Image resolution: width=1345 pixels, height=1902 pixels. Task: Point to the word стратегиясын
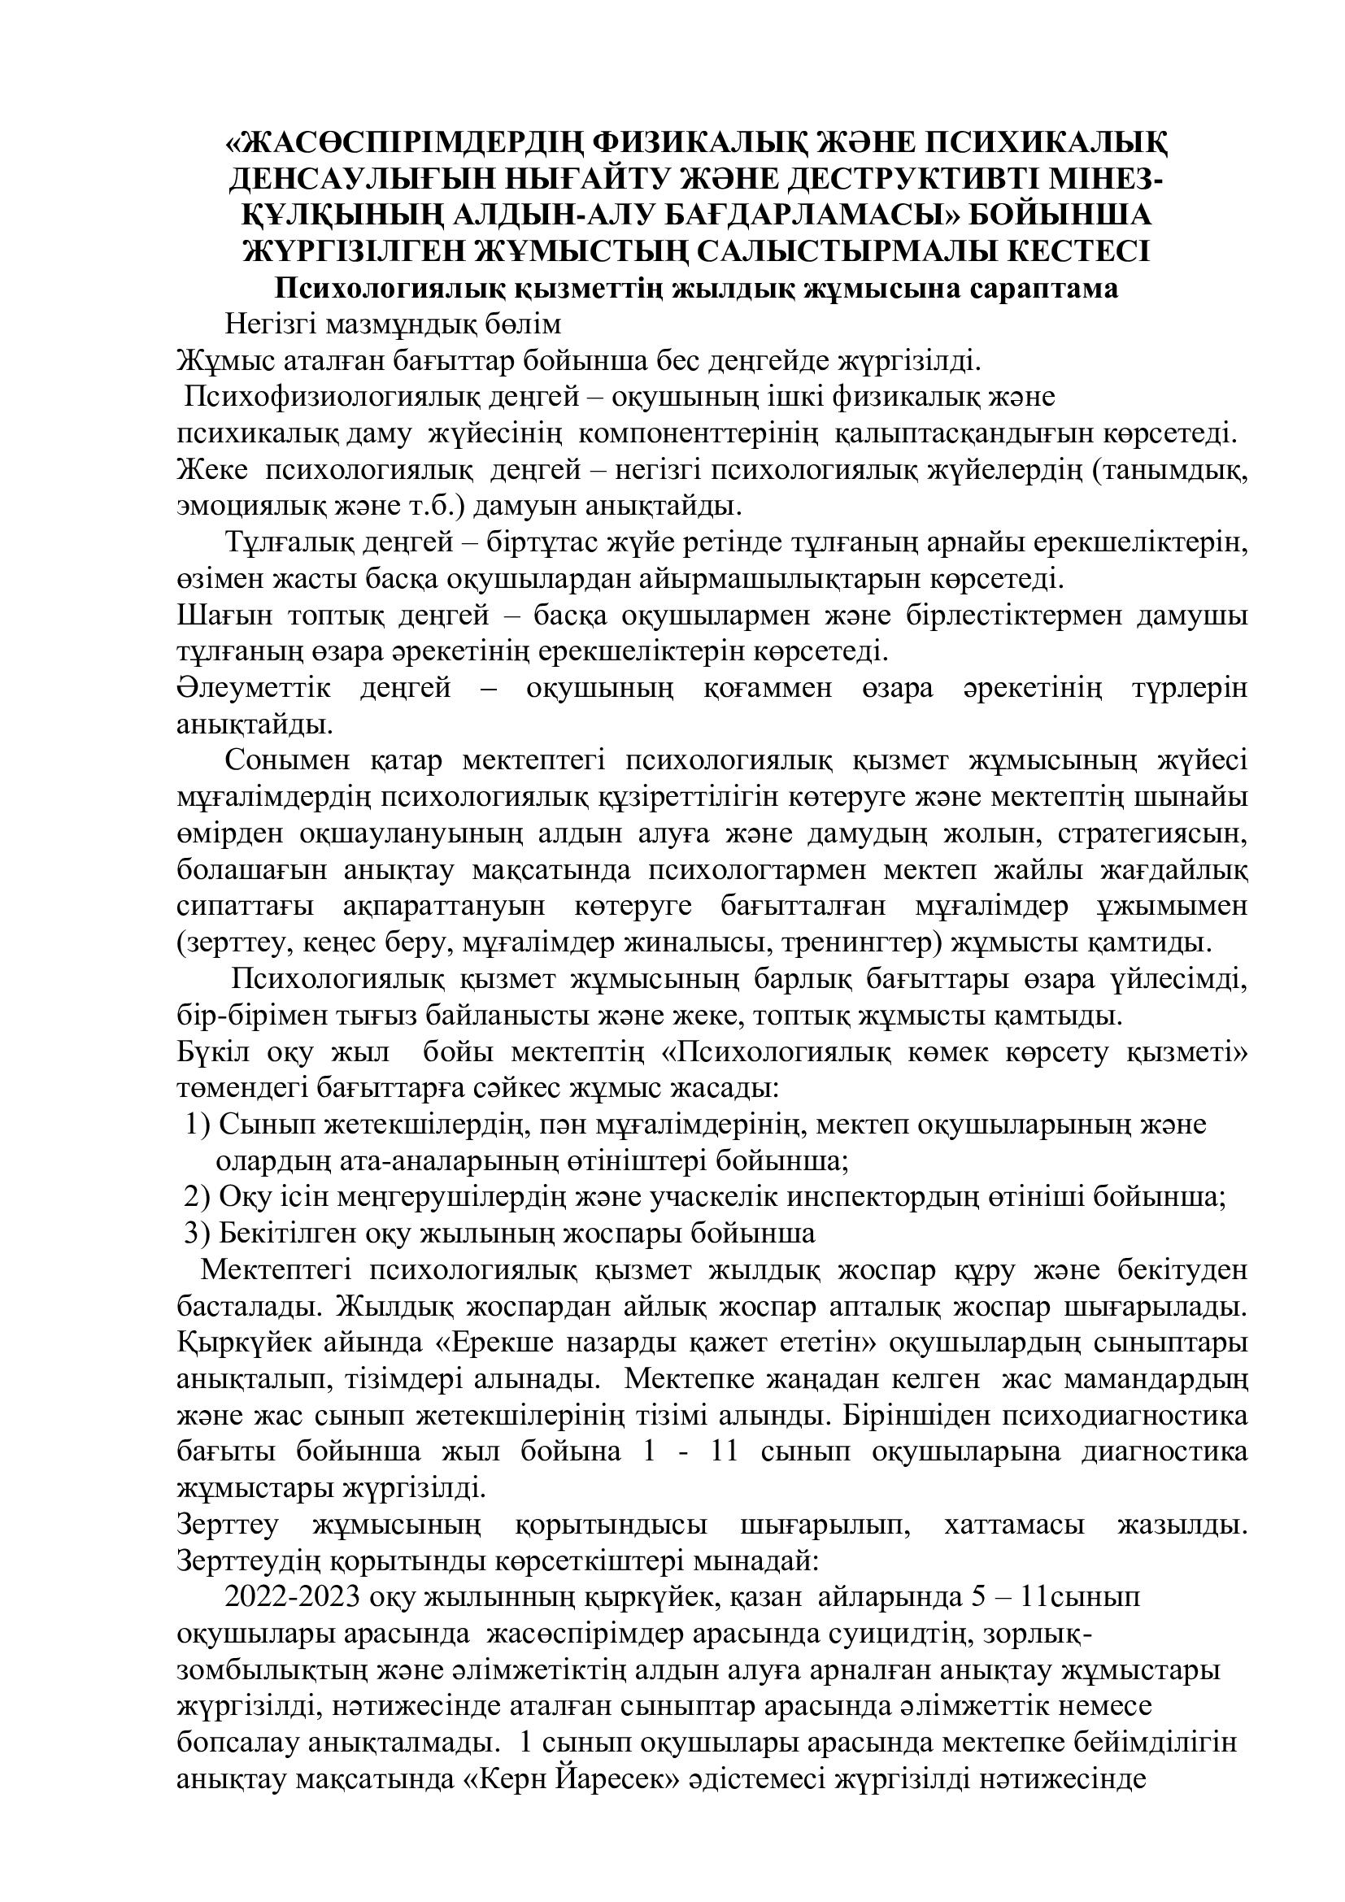click(x=1147, y=834)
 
